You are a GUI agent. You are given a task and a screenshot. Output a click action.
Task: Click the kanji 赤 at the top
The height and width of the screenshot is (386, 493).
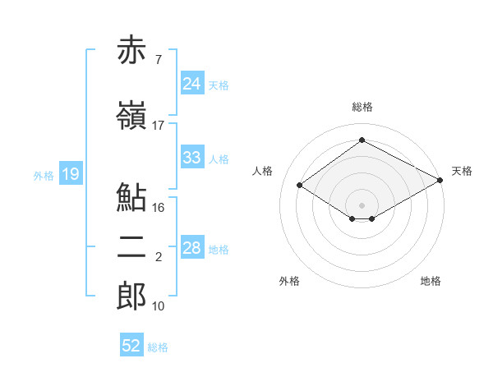pyautogui.click(x=131, y=49)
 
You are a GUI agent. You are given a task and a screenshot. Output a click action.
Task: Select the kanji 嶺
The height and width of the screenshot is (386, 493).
pyautogui.click(x=131, y=115)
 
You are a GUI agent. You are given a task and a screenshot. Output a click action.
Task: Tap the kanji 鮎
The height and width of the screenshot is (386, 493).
pyautogui.click(x=131, y=197)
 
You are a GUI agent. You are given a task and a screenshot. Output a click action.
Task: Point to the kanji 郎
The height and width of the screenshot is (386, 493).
pyautogui.click(x=131, y=296)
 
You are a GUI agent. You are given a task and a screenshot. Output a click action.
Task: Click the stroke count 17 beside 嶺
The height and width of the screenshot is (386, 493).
pyautogui.click(x=158, y=126)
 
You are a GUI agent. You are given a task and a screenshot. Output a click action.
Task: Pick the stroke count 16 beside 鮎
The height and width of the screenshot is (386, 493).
pyautogui.click(x=158, y=208)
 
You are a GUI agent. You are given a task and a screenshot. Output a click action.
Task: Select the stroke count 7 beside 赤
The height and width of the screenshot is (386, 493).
pyautogui.click(x=159, y=60)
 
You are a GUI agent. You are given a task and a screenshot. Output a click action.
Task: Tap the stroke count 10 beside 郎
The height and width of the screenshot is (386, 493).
pyautogui.click(x=158, y=306)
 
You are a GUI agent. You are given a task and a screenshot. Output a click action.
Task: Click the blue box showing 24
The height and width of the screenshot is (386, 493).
pyautogui.click(x=192, y=83)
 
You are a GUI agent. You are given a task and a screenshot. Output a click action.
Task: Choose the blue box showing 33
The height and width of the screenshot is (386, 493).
pyautogui.click(x=192, y=157)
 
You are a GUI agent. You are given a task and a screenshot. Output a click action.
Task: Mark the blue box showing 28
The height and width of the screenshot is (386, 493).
pyautogui.click(x=192, y=246)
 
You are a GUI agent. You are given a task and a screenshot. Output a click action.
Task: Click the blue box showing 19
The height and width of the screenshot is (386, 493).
pyautogui.click(x=71, y=173)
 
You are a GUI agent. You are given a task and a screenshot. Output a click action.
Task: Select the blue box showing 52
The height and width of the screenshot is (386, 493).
pyautogui.click(x=131, y=344)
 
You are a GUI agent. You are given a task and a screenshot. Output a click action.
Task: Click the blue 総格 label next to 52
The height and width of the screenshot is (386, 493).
pyautogui.click(x=158, y=347)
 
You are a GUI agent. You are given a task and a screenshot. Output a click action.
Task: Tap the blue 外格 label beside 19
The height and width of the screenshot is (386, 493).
pyautogui.click(x=44, y=176)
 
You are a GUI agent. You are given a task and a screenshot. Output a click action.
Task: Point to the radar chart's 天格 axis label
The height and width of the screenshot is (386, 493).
pyautogui.click(x=462, y=171)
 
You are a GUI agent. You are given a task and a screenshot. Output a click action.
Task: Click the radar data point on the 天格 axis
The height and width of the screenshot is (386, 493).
pyautogui.click(x=440, y=180)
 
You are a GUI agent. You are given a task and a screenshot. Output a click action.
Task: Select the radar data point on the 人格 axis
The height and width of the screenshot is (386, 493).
pyautogui.click(x=300, y=185)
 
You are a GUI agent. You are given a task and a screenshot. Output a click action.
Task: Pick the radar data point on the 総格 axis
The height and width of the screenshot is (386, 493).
pyautogui.click(x=362, y=140)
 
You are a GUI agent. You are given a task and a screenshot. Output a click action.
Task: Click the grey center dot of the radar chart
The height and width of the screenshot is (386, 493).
pyautogui.click(x=362, y=205)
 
